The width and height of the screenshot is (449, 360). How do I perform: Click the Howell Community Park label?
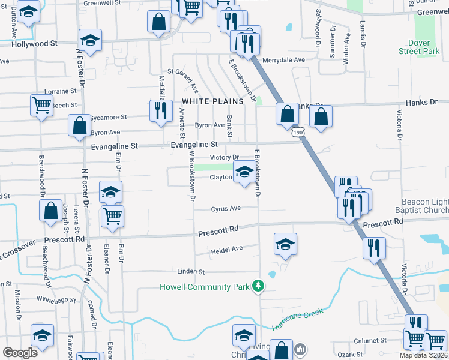click(204, 287)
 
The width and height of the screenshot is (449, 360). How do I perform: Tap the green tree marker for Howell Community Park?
click(258, 285)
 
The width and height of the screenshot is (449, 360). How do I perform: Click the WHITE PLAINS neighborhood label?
click(212, 101)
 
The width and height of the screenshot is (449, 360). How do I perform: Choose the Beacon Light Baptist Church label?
click(423, 207)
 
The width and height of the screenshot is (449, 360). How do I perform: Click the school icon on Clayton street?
click(244, 173)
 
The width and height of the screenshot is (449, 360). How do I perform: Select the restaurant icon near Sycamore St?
click(160, 110)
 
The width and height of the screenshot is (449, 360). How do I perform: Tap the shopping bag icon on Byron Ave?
click(79, 125)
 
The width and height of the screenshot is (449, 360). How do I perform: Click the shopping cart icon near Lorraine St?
click(41, 105)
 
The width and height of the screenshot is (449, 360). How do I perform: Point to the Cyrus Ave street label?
click(226, 209)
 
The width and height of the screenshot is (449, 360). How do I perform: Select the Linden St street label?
click(191, 271)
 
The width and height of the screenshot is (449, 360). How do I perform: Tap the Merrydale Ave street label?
click(288, 60)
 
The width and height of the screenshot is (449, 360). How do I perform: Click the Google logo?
click(20, 353)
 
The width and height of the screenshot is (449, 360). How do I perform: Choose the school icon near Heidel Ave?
click(285, 244)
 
